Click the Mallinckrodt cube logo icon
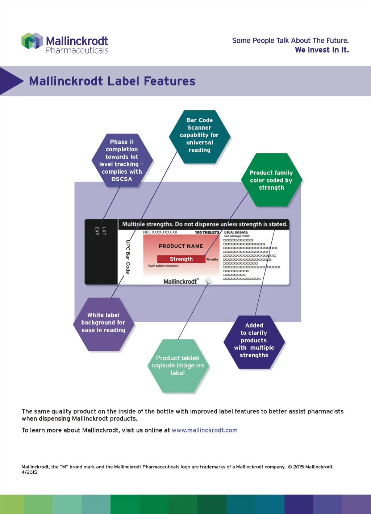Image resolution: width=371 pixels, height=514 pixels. [x=32, y=41]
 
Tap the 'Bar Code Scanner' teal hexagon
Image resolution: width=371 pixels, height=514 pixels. [x=199, y=135]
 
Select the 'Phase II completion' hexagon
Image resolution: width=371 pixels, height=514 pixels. [x=122, y=160]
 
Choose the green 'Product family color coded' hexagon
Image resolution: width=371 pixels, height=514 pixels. [x=271, y=180]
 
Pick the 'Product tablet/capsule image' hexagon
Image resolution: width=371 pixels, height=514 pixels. [x=178, y=365]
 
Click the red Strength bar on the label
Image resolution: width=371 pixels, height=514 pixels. [x=181, y=259]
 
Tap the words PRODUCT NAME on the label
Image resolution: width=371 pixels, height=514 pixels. [x=181, y=246]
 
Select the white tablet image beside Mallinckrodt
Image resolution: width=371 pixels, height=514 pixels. [x=209, y=281]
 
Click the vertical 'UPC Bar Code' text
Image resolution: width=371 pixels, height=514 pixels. [x=128, y=257]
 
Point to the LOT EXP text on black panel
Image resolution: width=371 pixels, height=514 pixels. [x=100, y=231]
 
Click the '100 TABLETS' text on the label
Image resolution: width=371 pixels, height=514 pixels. [x=207, y=232]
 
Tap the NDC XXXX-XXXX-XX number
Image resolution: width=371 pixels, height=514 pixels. [x=160, y=232]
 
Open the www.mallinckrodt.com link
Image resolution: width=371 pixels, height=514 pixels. [x=204, y=430]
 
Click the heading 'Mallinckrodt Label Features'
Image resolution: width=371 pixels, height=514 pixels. [x=112, y=81]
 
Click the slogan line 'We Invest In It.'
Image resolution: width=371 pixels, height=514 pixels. [x=322, y=50]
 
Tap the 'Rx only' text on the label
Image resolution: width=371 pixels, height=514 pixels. [x=212, y=259]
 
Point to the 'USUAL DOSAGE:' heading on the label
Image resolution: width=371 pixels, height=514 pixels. [x=236, y=232]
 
